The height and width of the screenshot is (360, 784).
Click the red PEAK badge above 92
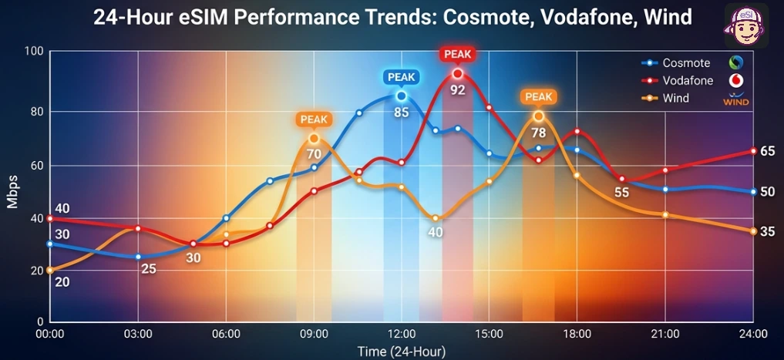pyautogui.click(x=457, y=54)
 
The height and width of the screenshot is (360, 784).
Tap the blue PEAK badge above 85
pyautogui.click(x=401, y=77)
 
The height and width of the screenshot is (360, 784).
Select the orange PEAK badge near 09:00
pyautogui.click(x=314, y=119)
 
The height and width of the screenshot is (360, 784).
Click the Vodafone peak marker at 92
pyautogui.click(x=457, y=74)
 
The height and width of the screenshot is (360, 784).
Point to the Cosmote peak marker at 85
pyautogui.click(x=401, y=96)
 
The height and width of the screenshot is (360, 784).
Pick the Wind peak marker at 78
pyautogui.click(x=538, y=116)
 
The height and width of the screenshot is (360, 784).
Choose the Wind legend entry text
pyautogui.click(x=676, y=99)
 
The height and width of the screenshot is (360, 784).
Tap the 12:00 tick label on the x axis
pyautogui.click(x=402, y=334)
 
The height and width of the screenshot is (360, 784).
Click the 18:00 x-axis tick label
pyautogui.click(x=577, y=334)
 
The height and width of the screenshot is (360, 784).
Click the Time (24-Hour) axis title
pyautogui.click(x=401, y=352)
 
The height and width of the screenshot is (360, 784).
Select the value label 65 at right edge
pyautogui.click(x=767, y=151)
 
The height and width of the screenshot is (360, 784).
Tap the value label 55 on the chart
pyautogui.click(x=622, y=193)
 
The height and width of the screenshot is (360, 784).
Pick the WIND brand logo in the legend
pyautogui.click(x=736, y=100)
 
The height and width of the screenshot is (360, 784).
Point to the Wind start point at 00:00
pyautogui.click(x=50, y=271)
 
